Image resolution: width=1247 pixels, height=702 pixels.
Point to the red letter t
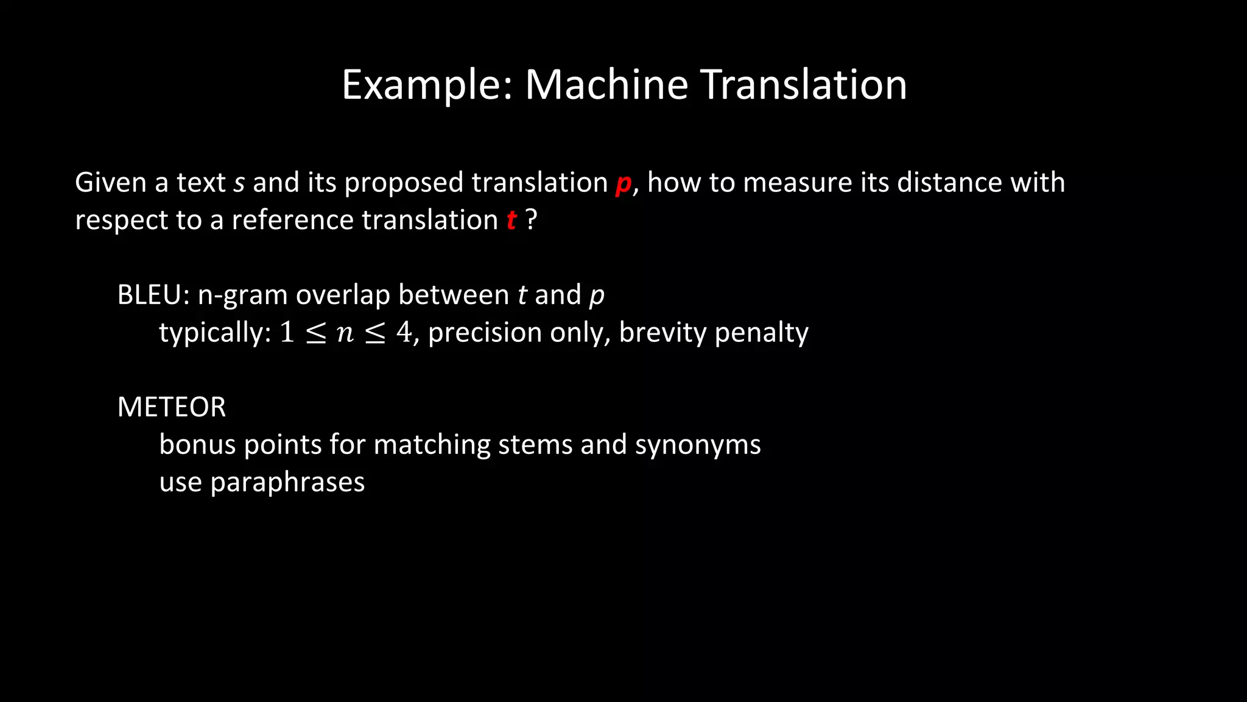[x=511, y=220]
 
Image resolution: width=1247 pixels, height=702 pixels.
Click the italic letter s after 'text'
[x=239, y=183]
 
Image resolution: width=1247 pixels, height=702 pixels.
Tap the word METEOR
[x=172, y=407]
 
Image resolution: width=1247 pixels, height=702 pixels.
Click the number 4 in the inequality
[x=404, y=333]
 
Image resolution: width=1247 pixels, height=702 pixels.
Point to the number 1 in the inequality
[x=287, y=333]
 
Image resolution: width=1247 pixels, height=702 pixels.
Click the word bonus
[x=197, y=444]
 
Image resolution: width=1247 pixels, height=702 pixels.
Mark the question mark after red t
[x=531, y=219]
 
